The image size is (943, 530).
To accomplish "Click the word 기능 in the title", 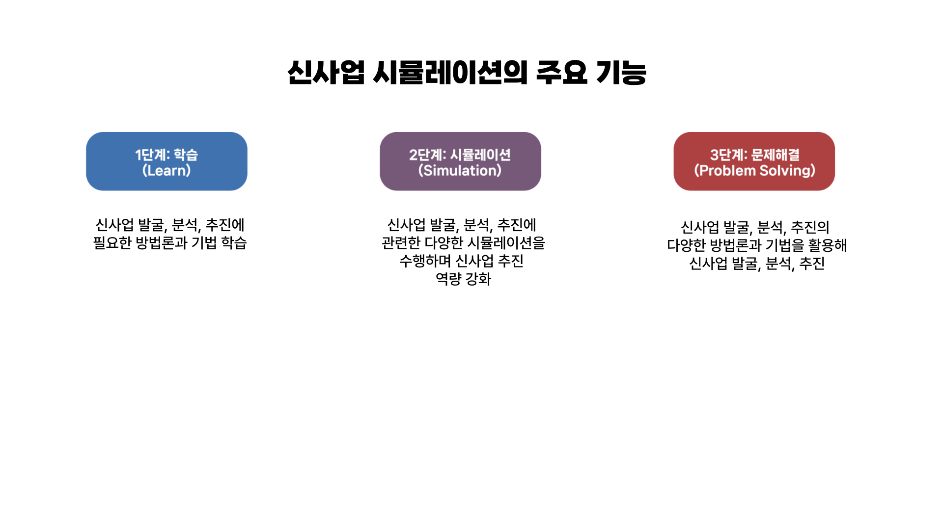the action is [621, 73].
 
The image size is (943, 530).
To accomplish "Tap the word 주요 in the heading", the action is [561, 73].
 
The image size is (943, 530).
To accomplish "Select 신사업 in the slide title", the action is [326, 73].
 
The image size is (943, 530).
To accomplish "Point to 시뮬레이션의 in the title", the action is [450, 73].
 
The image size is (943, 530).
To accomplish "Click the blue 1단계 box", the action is [166, 161].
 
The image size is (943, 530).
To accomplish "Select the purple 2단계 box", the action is [460, 161].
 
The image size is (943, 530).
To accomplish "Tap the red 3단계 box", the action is [754, 161].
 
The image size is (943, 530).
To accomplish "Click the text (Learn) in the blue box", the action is [166, 170].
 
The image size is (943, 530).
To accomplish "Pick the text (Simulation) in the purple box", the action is [460, 170].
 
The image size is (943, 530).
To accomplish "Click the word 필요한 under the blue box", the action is [112, 243].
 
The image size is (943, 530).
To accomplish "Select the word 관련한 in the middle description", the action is [401, 243].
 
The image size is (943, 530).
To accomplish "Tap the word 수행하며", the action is [425, 261].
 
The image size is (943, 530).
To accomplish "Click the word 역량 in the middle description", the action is [448, 279].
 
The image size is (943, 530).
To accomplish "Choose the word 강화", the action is [478, 279].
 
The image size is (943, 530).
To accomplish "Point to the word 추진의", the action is [810, 227].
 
